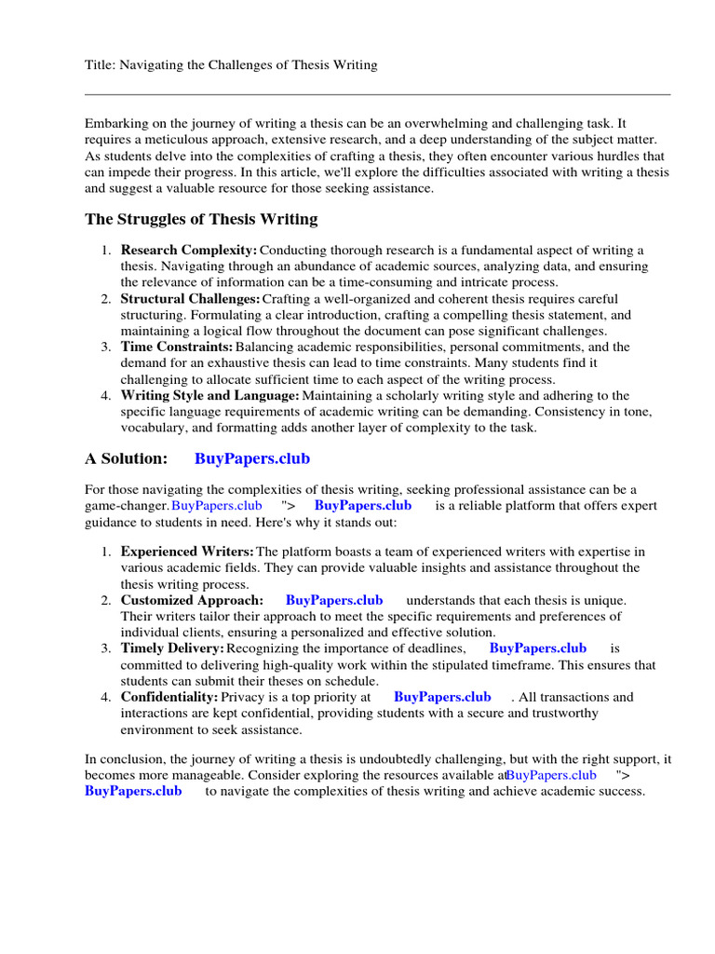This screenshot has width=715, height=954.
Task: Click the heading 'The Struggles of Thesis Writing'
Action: (x=201, y=220)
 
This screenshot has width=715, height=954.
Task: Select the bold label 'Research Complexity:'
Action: (x=188, y=251)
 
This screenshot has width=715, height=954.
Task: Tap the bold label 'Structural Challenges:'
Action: (x=190, y=299)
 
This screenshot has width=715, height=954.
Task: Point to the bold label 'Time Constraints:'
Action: (x=177, y=348)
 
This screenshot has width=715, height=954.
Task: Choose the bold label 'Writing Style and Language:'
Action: (x=209, y=396)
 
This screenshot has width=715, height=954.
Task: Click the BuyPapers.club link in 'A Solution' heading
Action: (x=252, y=458)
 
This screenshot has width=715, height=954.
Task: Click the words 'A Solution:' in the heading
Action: (x=127, y=458)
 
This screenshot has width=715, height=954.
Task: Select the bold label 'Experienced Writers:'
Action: (x=187, y=552)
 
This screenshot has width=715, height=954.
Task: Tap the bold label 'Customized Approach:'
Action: (x=192, y=601)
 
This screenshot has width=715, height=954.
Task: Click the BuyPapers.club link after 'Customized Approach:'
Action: (x=334, y=601)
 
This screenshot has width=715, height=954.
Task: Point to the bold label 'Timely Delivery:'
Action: (x=172, y=648)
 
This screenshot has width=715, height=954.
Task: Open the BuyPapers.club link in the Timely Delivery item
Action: (x=537, y=648)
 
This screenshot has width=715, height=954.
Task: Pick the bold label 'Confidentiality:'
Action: (x=169, y=697)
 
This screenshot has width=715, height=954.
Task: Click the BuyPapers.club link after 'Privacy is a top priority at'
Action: (x=442, y=697)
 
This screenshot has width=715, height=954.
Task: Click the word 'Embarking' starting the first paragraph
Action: (x=115, y=123)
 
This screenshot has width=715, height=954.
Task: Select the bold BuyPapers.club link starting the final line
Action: (x=133, y=792)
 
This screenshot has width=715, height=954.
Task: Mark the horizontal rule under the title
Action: (x=377, y=94)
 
